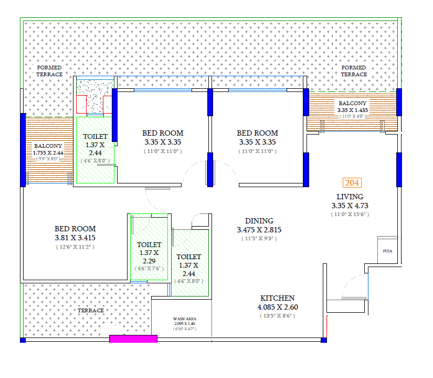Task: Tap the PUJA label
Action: [x=388, y=251]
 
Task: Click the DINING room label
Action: [x=259, y=221]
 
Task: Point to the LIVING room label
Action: [x=350, y=197]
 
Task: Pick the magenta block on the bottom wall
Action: [x=133, y=339]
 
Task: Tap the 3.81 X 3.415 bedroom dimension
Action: [x=75, y=238]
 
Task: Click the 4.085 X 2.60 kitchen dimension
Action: [x=278, y=307]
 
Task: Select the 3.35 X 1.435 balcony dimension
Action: [x=352, y=110]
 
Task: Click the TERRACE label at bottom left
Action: [x=91, y=310]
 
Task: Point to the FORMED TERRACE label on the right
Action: [x=354, y=71]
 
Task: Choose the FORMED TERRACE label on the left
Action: [x=49, y=71]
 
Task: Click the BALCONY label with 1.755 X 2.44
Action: [x=48, y=146]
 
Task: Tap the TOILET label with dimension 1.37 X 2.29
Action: [x=149, y=244]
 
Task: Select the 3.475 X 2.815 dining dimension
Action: [x=259, y=230]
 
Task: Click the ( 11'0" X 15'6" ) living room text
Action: [x=350, y=214]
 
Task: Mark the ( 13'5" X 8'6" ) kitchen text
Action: [x=278, y=316]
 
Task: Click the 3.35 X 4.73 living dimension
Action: [x=350, y=206]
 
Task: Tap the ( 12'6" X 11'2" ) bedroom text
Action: [x=75, y=247]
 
